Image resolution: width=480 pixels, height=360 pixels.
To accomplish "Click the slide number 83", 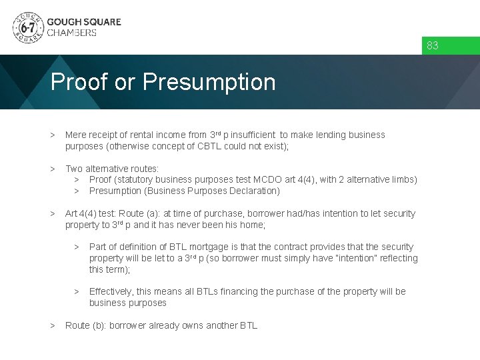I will (433, 45).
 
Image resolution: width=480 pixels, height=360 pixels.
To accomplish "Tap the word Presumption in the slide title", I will (209, 82).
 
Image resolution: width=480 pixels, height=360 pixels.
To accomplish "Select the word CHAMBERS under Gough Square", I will (71, 33).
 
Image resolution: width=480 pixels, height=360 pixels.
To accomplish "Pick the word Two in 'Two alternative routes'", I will (74, 169).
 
